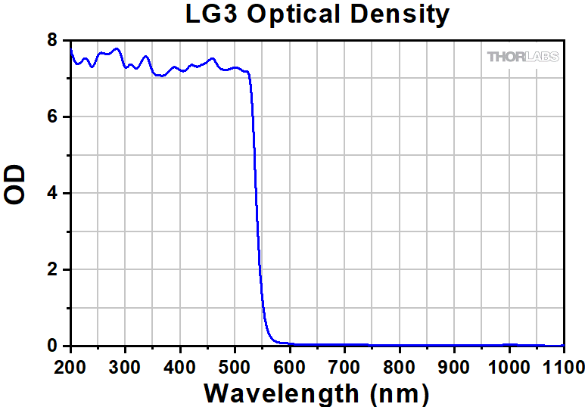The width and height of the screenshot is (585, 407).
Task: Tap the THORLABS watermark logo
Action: pyautogui.click(x=523, y=57)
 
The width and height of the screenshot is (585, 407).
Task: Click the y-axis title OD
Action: pyautogui.click(x=15, y=185)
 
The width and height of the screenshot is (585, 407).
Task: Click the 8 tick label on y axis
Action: pyautogui.click(x=51, y=40)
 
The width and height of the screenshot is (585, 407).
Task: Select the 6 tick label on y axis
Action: pyautogui.click(x=51, y=117)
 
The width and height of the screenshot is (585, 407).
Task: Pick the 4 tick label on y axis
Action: pyautogui.click(x=51, y=194)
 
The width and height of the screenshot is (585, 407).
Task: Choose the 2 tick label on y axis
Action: pyautogui.click(x=51, y=270)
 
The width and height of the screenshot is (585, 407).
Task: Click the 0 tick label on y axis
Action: pyautogui.click(x=51, y=346)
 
